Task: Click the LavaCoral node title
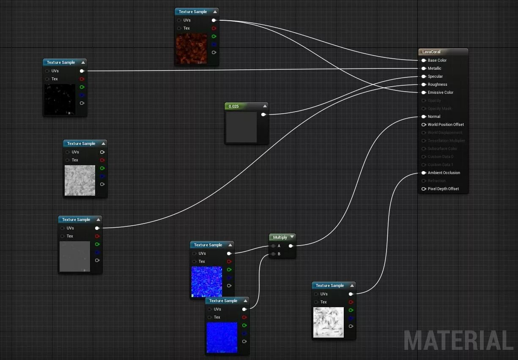431,52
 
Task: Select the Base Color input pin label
437,60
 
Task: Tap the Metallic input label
434,68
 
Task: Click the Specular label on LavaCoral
435,76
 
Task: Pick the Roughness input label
437,85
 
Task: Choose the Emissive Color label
440,93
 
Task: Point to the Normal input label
434,117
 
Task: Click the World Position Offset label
446,125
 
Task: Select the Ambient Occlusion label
444,173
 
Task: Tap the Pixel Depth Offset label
443,189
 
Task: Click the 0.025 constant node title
234,106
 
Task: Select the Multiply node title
280,237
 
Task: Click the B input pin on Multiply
274,254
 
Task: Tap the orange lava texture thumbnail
191,49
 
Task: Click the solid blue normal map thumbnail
222,338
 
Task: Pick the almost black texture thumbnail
59,99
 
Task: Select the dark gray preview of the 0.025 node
241,127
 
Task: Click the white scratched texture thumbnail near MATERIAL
329,322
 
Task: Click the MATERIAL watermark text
458,340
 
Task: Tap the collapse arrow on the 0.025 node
265,106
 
